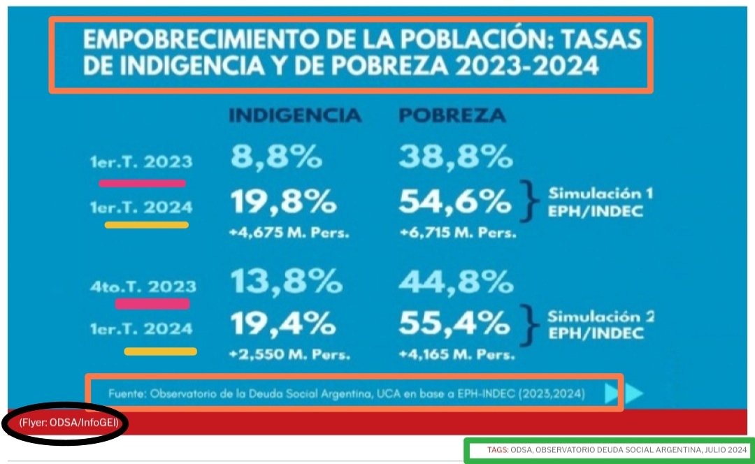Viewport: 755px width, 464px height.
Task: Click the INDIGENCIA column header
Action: click(295, 115)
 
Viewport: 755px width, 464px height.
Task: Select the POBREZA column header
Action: click(452, 115)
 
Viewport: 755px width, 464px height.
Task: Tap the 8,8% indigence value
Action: click(276, 157)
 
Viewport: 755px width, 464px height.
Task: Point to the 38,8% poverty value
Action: click(456, 157)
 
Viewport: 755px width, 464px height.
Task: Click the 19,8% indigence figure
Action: click(283, 203)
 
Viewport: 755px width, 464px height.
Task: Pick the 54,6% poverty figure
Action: click(455, 203)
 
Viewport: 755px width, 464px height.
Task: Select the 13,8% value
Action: click(286, 282)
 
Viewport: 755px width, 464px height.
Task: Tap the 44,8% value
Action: click(456, 282)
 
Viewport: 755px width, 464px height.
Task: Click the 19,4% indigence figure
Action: click(283, 323)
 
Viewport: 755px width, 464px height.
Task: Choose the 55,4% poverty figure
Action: click(455, 323)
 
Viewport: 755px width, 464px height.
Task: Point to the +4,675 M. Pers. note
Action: click(289, 233)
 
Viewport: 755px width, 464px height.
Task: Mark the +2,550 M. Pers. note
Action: click(289, 354)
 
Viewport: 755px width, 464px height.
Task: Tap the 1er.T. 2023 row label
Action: click(141, 162)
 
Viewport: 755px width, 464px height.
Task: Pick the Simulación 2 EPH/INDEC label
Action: click(599, 324)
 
